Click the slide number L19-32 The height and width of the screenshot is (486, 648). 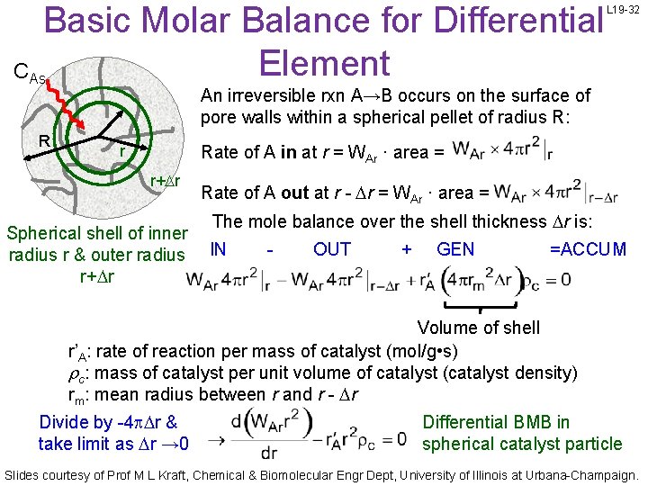[627, 9]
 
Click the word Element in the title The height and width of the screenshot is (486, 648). [323, 63]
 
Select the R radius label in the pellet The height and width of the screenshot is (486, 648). [44, 140]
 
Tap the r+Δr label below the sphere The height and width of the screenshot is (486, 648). [166, 181]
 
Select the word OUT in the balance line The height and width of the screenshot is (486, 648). [332, 249]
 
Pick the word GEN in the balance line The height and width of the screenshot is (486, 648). [455, 249]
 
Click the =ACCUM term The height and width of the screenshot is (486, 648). [588, 249]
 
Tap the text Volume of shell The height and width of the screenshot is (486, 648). [479, 328]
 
